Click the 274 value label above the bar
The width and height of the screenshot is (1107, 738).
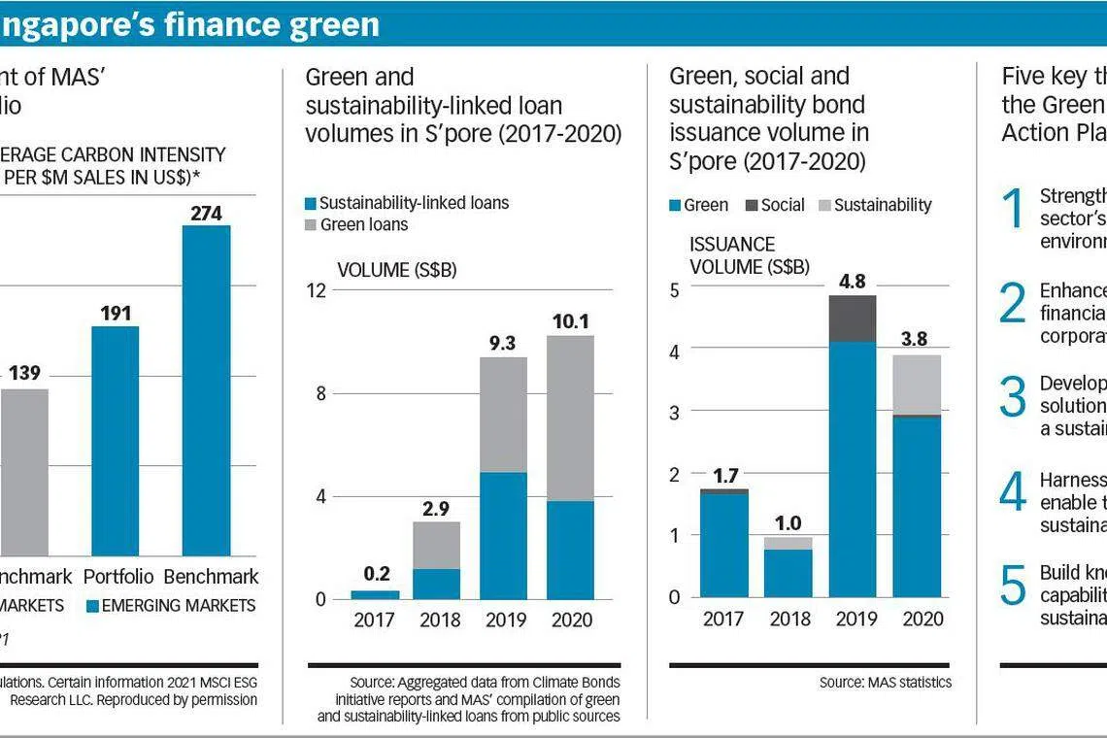206,213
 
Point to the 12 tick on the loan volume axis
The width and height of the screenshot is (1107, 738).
318,290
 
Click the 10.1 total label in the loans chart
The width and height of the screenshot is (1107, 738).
569,321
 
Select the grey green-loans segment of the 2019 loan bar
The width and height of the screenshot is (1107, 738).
504,415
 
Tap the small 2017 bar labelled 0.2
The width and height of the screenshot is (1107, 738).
375,594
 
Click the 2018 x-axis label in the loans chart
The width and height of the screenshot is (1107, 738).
439,621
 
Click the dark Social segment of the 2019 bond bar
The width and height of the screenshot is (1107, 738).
852,319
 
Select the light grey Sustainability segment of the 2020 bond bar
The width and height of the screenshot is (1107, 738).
918,385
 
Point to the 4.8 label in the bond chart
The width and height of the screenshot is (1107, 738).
852,282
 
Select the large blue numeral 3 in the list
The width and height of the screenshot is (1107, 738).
1012,397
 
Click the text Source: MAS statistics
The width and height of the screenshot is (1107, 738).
885,682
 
